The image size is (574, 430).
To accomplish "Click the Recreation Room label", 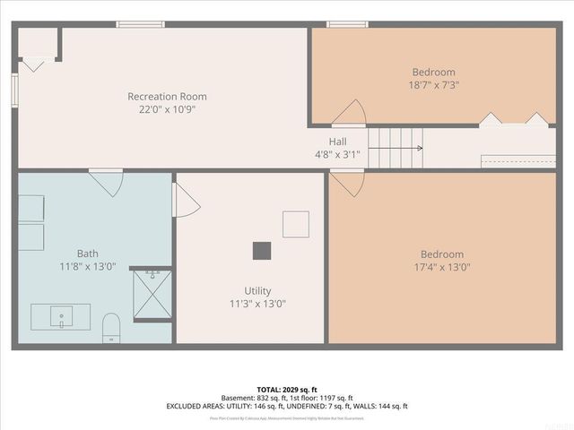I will (167, 97).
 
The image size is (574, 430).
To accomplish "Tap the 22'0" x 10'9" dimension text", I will (167, 109).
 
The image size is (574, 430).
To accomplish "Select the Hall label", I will (337, 142).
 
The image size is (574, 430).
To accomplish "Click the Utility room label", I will (257, 290).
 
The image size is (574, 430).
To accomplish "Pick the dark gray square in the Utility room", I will (262, 251).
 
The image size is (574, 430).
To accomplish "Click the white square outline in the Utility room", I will (296, 224).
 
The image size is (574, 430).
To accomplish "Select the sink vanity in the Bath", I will (61, 316).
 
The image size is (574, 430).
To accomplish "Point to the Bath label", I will (88, 254).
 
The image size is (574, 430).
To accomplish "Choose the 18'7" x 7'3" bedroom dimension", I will (433, 85).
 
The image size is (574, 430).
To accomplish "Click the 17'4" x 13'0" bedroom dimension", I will (439, 267).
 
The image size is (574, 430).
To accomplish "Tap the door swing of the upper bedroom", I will (349, 114).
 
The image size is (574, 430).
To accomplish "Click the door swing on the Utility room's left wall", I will (186, 200).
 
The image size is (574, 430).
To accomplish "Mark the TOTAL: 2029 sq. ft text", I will (286, 390).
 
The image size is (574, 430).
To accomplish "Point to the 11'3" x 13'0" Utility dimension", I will (257, 304).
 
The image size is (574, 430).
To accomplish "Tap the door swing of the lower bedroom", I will (347, 183).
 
